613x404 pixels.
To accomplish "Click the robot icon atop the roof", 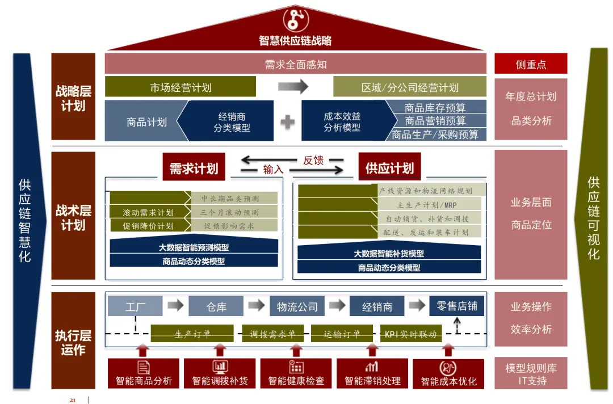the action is [295, 19].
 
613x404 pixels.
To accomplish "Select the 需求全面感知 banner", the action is [295, 64].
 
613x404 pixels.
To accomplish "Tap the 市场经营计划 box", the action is [180, 87].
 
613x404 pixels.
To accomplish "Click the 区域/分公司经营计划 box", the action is [409, 87].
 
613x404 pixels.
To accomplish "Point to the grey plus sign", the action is [288, 121].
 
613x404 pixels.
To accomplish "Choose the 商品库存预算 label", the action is [435, 107].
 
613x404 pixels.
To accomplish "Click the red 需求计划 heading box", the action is [194, 169].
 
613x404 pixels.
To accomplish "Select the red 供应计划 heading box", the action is [389, 168].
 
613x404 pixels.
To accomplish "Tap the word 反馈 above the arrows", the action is [313, 161].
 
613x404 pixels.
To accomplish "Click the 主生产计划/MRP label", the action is [427, 204].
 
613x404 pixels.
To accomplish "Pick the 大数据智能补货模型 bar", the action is [389, 253].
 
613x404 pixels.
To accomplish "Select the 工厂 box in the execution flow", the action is [135, 306].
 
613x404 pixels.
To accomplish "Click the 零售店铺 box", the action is [456, 306].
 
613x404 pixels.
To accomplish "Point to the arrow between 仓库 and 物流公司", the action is [257, 306].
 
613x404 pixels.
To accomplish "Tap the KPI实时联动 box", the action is [410, 334].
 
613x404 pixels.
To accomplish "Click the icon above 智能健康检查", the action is [296, 367].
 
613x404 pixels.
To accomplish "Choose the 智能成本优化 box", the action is [448, 374].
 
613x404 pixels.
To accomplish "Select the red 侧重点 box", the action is [531, 64].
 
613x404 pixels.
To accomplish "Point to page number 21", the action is [73, 400].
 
